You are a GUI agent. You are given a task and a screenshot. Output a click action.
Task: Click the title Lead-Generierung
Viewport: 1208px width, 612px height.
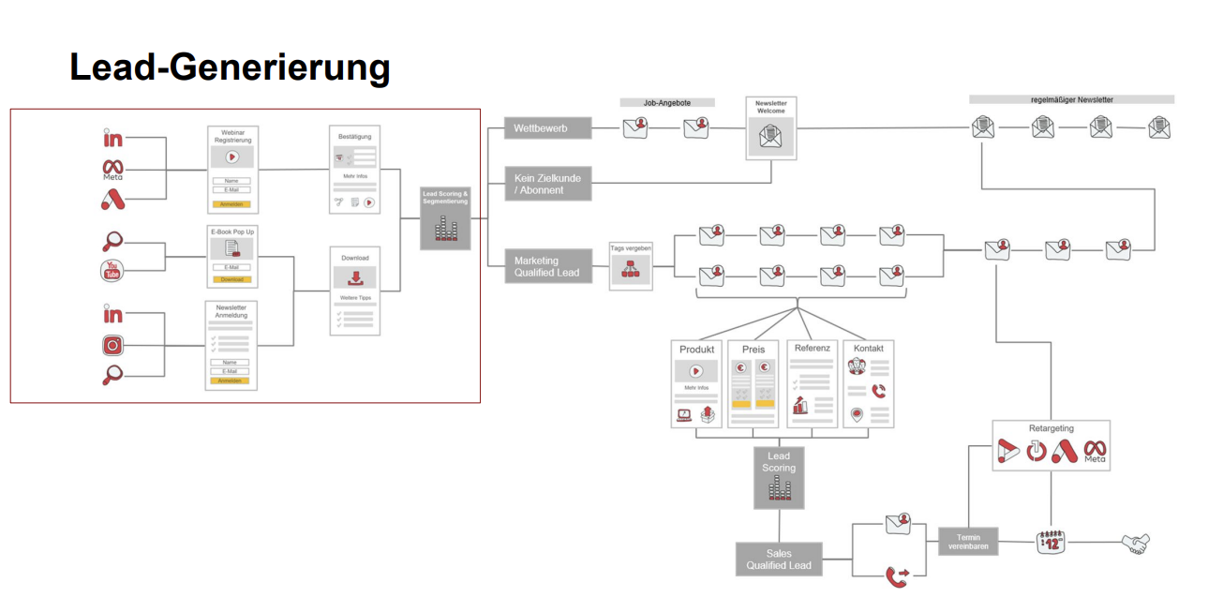click(230, 67)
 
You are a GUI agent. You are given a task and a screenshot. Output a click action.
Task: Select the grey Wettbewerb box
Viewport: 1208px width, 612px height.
click(547, 128)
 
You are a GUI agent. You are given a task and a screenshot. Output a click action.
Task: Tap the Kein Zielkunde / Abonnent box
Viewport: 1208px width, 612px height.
click(547, 183)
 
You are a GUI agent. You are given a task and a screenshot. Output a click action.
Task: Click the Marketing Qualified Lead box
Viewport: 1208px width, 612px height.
click(547, 266)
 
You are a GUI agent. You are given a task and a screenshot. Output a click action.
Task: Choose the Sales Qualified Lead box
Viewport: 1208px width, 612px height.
click(779, 559)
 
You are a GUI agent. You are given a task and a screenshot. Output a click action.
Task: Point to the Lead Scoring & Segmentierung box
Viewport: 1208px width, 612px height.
click(445, 218)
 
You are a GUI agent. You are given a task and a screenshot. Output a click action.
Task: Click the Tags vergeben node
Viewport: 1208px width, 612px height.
click(631, 266)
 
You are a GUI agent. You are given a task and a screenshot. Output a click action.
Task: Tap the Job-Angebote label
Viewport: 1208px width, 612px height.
click(666, 103)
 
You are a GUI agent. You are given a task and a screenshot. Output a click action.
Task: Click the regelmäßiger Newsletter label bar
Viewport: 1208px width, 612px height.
click(1071, 99)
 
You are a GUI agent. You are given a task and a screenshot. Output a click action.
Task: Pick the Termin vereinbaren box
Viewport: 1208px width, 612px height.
click(968, 541)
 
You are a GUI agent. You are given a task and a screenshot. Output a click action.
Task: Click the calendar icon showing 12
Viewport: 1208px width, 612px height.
click(1051, 542)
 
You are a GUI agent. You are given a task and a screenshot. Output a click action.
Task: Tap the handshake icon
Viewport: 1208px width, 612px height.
click(1135, 543)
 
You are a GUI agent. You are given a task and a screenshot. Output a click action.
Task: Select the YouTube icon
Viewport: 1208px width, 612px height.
click(112, 271)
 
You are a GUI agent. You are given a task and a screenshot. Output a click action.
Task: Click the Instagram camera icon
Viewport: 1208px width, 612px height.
click(112, 346)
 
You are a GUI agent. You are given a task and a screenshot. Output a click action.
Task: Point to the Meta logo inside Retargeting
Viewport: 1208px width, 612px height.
click(1095, 451)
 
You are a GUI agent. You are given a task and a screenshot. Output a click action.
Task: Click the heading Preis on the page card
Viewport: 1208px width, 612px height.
click(753, 350)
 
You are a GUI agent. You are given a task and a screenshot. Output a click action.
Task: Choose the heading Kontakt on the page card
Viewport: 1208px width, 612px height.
click(868, 348)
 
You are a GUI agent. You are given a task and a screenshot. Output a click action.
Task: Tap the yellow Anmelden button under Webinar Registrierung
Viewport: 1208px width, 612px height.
click(231, 203)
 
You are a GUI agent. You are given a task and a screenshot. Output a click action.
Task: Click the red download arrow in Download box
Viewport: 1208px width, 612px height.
click(355, 277)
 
